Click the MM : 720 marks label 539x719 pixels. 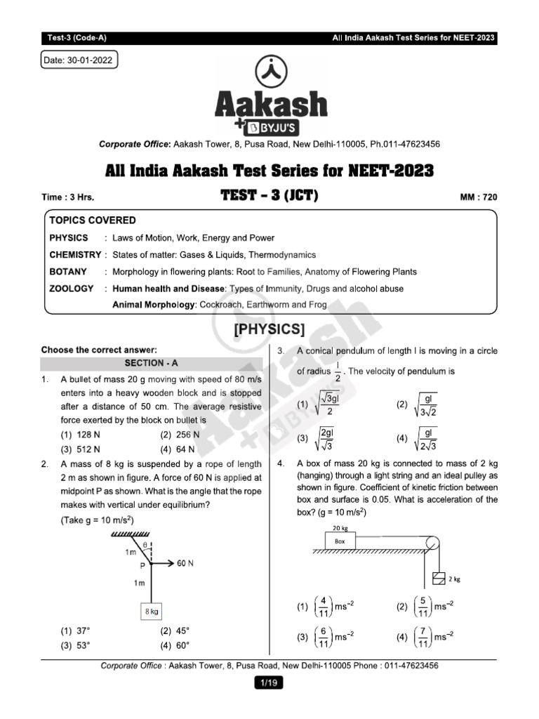coord(478,198)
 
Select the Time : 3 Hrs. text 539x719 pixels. coord(68,198)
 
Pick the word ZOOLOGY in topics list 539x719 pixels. coord(71,289)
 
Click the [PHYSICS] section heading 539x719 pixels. coord(269,329)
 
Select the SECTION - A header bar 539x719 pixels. coord(151,363)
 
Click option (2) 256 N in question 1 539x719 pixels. coord(180,435)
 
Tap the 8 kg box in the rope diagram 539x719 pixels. coord(152,611)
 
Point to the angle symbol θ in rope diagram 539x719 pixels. coord(145,544)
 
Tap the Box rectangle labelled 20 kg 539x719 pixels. coord(340,541)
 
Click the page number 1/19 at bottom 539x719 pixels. coord(269,681)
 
